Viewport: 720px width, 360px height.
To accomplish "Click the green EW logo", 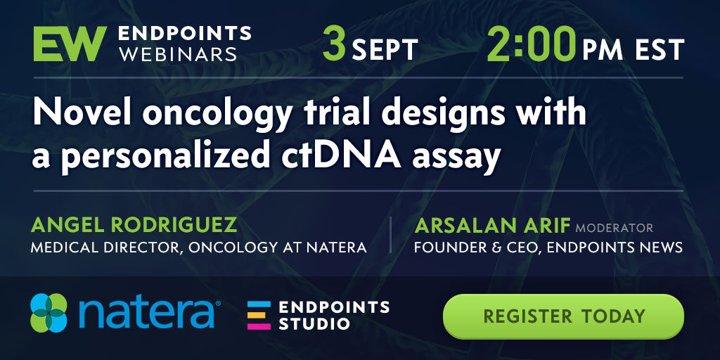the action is [70, 44].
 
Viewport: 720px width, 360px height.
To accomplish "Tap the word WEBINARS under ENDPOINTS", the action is [178, 54].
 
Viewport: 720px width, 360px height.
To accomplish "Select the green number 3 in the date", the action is [334, 44].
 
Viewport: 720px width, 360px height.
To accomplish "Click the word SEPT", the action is [385, 50].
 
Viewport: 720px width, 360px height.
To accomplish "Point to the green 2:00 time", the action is [532, 44].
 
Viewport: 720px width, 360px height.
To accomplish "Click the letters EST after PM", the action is [660, 50].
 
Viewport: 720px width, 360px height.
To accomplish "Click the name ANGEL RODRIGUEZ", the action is [134, 225].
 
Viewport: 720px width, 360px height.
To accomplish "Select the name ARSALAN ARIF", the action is [493, 226].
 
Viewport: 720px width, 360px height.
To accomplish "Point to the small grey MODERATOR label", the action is [614, 228].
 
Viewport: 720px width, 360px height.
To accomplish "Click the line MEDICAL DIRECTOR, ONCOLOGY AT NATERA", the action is [199, 248].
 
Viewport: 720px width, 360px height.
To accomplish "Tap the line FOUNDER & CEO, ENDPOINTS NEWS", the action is [548, 248].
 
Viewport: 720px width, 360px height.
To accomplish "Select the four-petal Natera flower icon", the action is [49, 313].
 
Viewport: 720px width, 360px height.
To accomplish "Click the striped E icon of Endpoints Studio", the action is [259, 316].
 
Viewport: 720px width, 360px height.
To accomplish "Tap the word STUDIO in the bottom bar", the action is [314, 323].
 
